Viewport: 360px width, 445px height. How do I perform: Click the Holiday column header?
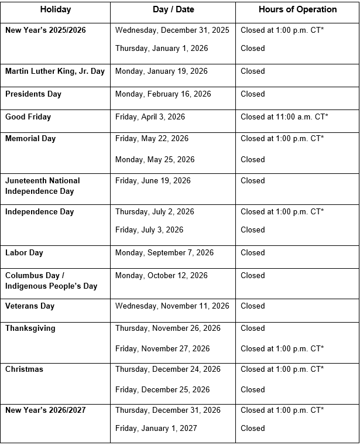tap(55, 9)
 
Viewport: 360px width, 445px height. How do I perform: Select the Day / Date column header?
tap(173, 9)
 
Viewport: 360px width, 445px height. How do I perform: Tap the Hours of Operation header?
tap(297, 9)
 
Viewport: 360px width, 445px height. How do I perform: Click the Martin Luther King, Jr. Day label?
tap(55, 71)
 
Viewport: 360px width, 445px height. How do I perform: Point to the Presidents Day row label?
tap(33, 94)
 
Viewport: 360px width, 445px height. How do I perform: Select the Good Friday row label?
tap(28, 117)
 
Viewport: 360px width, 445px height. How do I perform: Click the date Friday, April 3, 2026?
tap(150, 117)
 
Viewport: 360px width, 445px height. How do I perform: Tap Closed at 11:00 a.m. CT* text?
tap(284, 117)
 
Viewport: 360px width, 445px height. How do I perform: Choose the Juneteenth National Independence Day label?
tap(43, 186)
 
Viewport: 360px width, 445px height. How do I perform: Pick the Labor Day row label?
tap(24, 253)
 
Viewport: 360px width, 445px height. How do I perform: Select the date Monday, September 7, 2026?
tap(164, 253)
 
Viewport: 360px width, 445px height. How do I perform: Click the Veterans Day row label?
tap(30, 306)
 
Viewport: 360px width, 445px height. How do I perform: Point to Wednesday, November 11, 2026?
tap(172, 306)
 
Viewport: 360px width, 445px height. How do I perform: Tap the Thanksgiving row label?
tap(30, 328)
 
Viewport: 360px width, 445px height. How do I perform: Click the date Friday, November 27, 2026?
tap(162, 349)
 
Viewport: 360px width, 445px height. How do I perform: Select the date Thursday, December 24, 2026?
tap(168, 369)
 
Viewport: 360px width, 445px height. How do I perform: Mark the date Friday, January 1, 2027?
tap(156, 428)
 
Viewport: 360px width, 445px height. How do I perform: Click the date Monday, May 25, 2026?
tap(155, 160)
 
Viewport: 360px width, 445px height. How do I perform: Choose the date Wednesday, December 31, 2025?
tap(172, 30)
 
